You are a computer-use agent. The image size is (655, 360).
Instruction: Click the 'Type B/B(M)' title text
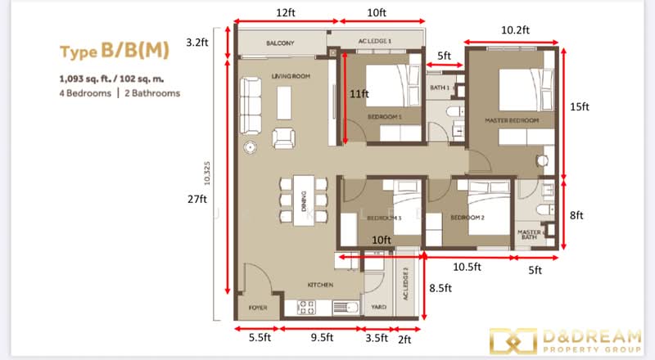click(x=115, y=52)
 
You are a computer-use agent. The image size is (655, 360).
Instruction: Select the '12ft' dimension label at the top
click(x=285, y=13)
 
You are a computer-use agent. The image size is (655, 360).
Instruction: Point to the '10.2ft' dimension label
click(x=515, y=29)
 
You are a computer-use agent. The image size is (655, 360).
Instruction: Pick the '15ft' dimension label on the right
click(x=580, y=106)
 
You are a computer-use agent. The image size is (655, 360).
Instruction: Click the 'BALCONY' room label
click(x=279, y=43)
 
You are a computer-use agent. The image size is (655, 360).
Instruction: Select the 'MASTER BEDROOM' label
click(x=512, y=121)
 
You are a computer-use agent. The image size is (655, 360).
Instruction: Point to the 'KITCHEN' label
click(x=319, y=285)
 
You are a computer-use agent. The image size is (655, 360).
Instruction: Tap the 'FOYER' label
click(x=257, y=308)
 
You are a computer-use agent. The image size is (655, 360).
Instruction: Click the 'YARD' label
click(x=377, y=308)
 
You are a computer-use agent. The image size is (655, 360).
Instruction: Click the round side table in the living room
click(x=250, y=148)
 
